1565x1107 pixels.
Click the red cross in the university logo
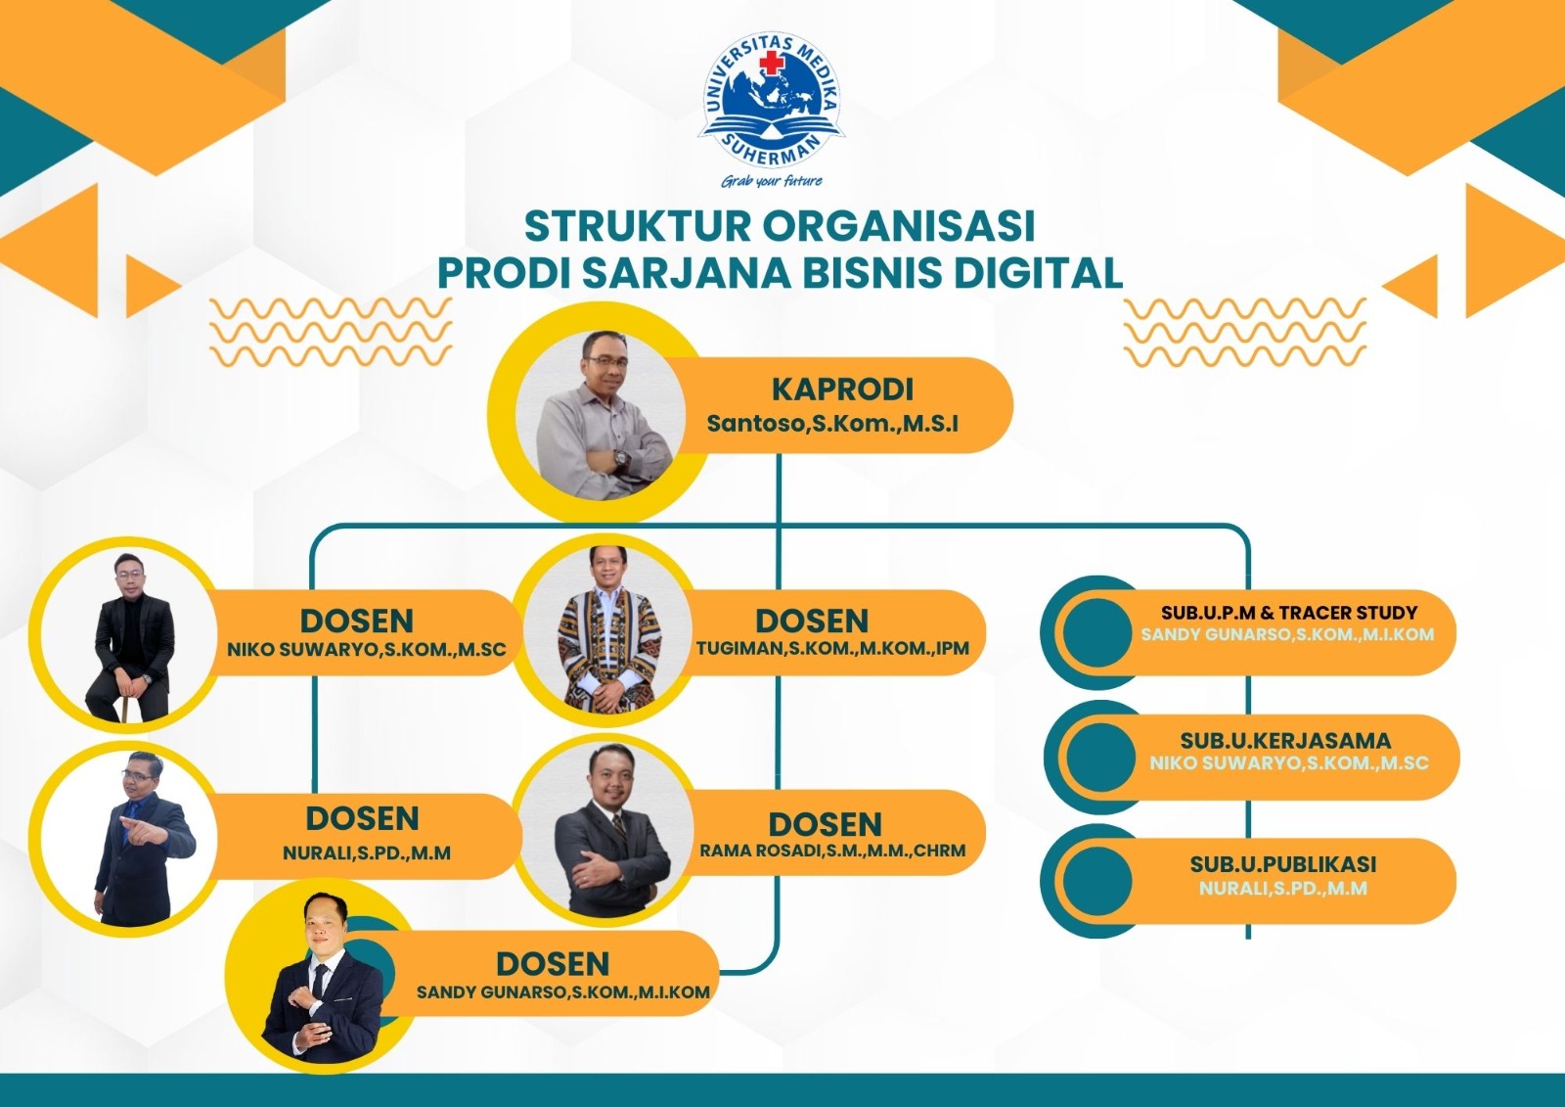(x=772, y=64)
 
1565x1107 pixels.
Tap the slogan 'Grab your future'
(x=772, y=181)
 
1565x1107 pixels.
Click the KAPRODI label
(x=842, y=390)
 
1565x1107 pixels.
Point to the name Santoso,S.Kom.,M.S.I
(x=832, y=424)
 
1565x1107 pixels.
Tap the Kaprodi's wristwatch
(x=621, y=458)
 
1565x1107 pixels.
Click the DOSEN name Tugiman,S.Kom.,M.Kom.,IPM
(x=832, y=649)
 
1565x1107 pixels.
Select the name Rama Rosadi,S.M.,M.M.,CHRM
(x=832, y=852)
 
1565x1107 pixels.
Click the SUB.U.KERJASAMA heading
(x=1285, y=741)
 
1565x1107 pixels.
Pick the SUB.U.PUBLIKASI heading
(x=1283, y=864)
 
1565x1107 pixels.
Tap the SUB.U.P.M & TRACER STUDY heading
(x=1289, y=613)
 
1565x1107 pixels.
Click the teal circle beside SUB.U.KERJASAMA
(x=1100, y=758)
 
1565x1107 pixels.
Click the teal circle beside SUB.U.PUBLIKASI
(x=1096, y=881)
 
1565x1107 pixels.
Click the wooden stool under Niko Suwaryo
(x=126, y=703)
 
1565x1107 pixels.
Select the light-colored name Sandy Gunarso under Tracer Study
(x=1287, y=635)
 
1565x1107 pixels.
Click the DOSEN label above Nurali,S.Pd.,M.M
(x=362, y=818)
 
